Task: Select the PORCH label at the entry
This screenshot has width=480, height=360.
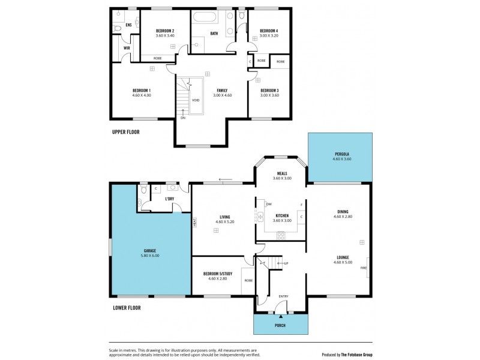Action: tap(280, 325)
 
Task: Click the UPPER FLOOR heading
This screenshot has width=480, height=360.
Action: tap(126, 132)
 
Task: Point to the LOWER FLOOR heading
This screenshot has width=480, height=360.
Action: tap(127, 308)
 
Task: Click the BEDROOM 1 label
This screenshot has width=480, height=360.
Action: tap(142, 90)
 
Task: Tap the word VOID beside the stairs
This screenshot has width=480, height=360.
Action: tap(196, 100)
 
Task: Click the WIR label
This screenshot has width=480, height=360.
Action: tap(127, 48)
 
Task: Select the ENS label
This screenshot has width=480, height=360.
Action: tap(128, 25)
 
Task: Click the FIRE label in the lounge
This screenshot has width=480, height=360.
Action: tap(363, 268)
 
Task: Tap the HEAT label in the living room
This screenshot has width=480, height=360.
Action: tap(195, 221)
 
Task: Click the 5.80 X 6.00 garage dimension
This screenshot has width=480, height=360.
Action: tap(150, 256)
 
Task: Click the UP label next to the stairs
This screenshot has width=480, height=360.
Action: tap(286, 263)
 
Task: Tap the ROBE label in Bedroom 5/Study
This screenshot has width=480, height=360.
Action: tap(248, 280)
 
